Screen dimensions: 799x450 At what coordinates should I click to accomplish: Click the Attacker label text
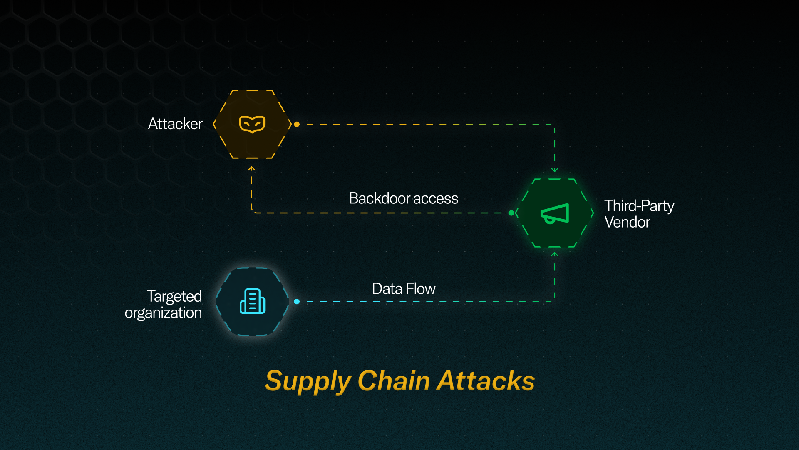pos(175,124)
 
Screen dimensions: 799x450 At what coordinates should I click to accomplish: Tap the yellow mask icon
pos(252,124)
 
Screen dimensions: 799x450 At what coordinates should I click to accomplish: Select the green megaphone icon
pos(555,213)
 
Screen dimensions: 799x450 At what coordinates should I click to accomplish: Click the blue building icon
pos(252,301)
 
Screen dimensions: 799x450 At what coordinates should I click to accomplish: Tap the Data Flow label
pos(404,289)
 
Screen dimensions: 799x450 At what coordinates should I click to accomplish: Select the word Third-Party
pos(639,206)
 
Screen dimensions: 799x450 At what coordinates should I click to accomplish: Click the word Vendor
pos(627,222)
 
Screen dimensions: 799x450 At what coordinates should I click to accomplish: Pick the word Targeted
pos(174,296)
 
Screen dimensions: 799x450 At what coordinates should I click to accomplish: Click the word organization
pos(163,313)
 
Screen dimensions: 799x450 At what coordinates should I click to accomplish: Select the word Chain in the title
pos(394,380)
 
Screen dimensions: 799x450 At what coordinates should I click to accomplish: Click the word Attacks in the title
pos(485,380)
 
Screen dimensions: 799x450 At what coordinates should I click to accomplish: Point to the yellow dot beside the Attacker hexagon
pos(297,124)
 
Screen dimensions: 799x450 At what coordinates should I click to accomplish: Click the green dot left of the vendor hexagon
pos(511,213)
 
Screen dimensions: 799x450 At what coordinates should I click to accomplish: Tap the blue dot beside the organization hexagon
pos(297,301)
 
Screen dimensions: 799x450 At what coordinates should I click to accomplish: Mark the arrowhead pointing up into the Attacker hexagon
pos(251,169)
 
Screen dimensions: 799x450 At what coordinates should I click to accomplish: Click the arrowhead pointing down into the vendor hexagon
pos(555,170)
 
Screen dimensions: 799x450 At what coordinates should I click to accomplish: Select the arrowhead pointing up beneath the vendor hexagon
pos(555,254)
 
